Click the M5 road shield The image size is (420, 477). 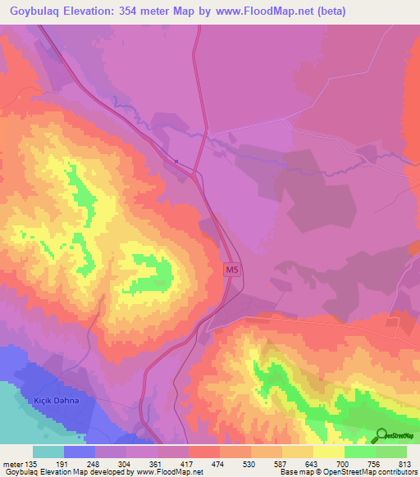point(232,269)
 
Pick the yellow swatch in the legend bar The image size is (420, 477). point(327,451)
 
